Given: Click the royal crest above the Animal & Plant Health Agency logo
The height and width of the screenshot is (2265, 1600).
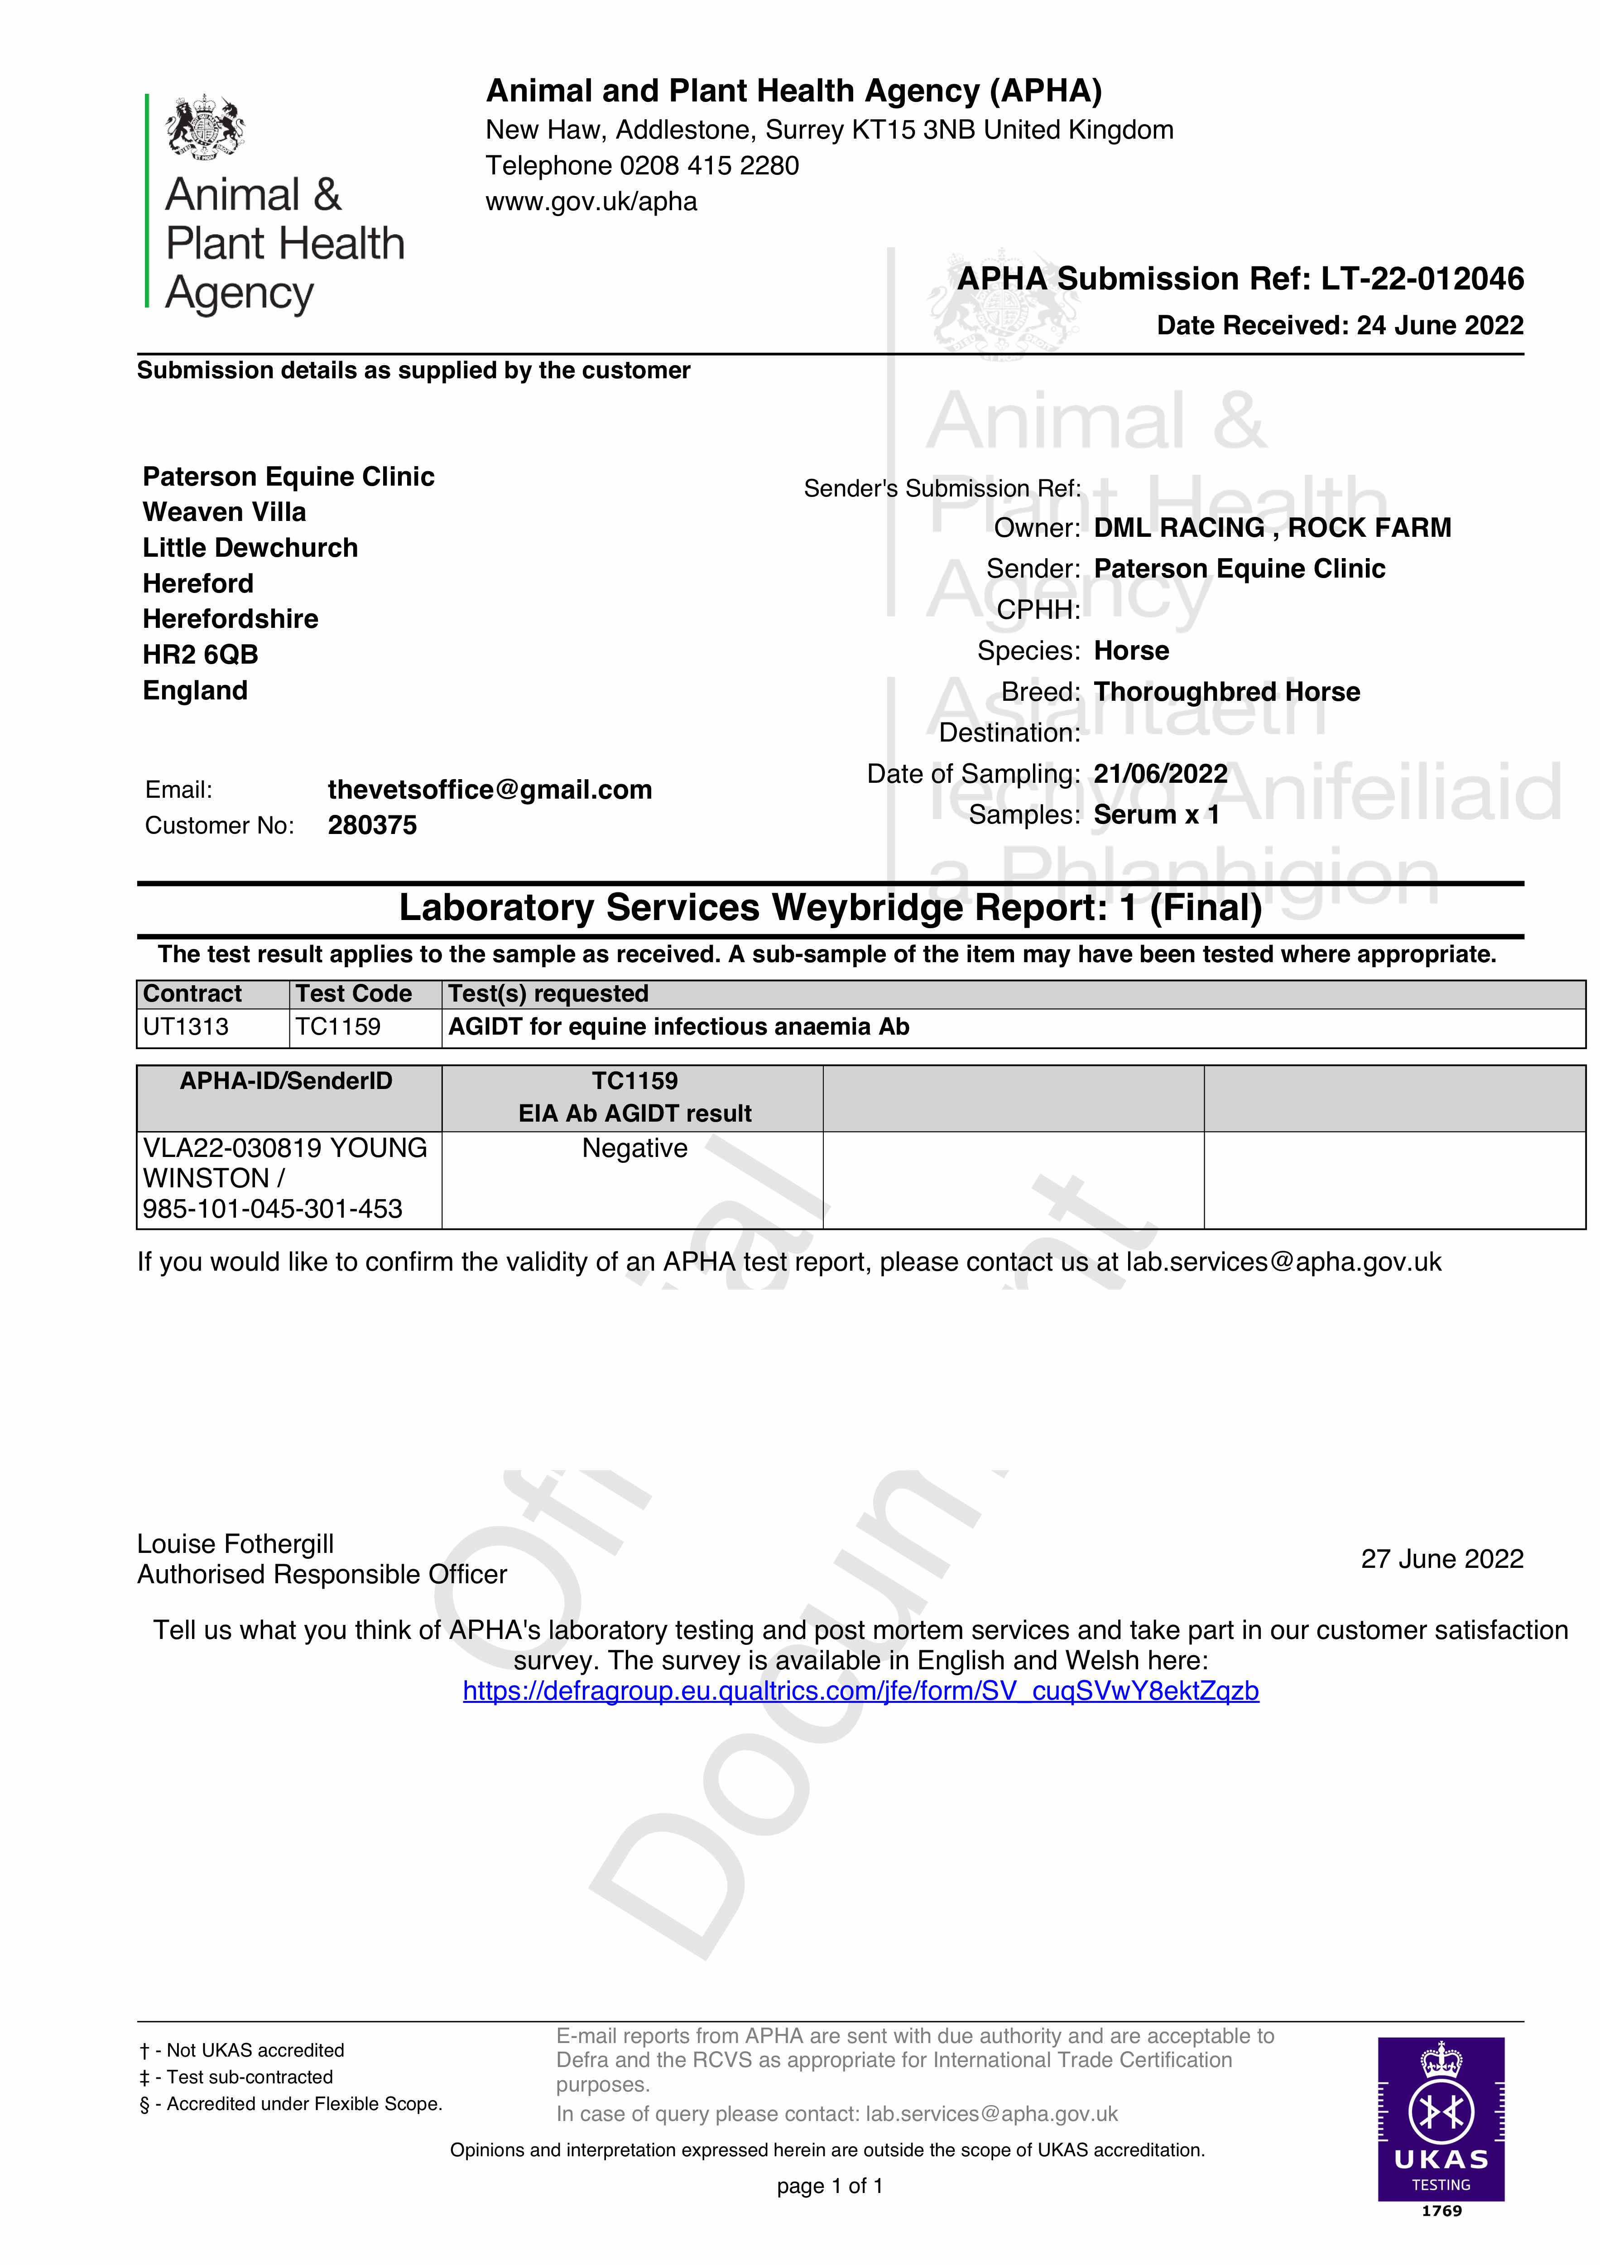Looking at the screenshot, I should pyautogui.click(x=205, y=126).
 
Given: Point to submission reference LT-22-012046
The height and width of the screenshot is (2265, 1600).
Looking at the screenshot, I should pyautogui.click(x=1422, y=279).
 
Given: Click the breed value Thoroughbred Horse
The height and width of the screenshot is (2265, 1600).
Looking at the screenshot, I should pyautogui.click(x=1226, y=692).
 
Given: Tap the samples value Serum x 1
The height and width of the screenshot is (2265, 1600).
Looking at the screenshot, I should pyautogui.click(x=1156, y=815).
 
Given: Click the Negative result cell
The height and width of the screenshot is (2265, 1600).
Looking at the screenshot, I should pyautogui.click(x=634, y=1148).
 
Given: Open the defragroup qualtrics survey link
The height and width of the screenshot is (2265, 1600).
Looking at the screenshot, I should pyautogui.click(x=860, y=1691).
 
